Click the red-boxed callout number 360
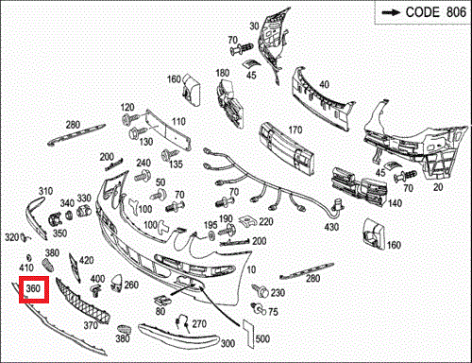point(33,288)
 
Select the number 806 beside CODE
point(456,12)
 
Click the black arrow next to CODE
point(391,12)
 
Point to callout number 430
point(331,227)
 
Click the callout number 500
point(262,338)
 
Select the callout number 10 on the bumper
point(251,269)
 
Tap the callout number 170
point(295,130)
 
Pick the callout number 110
point(178,121)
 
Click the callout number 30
point(254,26)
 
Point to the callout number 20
point(438,187)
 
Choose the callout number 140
point(395,203)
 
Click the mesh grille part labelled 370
point(83,301)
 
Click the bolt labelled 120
point(129,119)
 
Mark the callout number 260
point(131,285)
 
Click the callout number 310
point(45,191)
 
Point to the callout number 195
point(211,225)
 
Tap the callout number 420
point(87,260)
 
